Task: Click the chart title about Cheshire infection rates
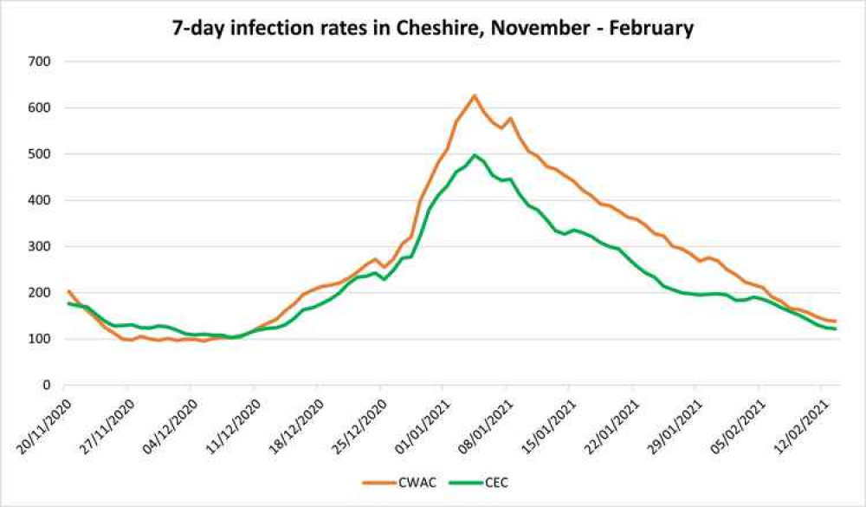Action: tap(432, 29)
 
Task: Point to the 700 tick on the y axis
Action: tap(40, 62)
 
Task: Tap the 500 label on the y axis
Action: tap(40, 154)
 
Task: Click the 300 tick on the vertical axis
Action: tap(40, 246)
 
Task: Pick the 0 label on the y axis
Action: tap(47, 385)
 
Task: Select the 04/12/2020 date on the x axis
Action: tap(170, 423)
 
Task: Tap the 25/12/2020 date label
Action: tap(359, 423)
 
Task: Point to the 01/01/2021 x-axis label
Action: tap(423, 423)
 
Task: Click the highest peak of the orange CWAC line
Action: tap(475, 95)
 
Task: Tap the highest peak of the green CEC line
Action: tap(475, 155)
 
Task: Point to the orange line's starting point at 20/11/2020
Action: tap(68, 291)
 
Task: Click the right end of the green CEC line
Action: tap(835, 328)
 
